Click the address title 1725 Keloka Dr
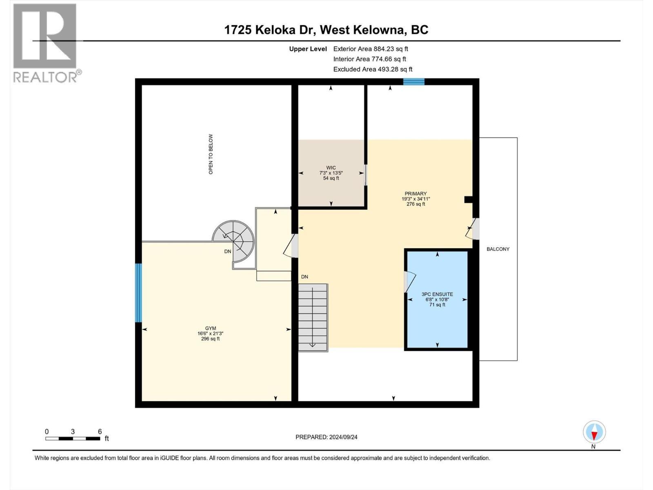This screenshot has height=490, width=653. click(326, 30)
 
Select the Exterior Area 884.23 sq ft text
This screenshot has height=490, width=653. click(371, 49)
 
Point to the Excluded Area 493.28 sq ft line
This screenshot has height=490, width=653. click(373, 69)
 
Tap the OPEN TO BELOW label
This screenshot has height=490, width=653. click(211, 154)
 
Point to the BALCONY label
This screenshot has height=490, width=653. click(498, 249)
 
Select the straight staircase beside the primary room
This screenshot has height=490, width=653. click(313, 318)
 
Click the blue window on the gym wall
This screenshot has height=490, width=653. click(138, 293)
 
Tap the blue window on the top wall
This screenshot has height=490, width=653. click(414, 82)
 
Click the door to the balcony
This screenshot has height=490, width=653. click(473, 229)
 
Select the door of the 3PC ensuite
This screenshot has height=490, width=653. click(409, 282)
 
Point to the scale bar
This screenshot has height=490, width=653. click(73, 439)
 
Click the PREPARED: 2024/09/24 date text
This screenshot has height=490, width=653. click(326, 437)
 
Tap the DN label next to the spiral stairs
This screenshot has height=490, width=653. click(228, 252)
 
